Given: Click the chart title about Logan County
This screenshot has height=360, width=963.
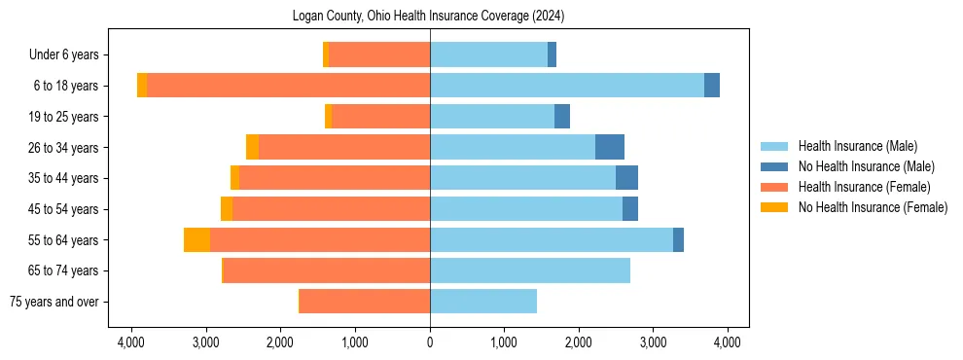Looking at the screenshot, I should pos(428,17).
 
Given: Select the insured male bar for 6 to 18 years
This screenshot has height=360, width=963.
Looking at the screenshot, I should pos(566,86).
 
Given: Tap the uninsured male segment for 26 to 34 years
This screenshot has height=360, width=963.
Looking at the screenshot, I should pos(609,147).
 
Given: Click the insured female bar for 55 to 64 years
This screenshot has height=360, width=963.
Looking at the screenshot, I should pos(319,239).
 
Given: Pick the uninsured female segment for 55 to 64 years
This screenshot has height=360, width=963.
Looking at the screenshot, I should pos(196,239).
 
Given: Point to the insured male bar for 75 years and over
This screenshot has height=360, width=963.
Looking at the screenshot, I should pos(482,302).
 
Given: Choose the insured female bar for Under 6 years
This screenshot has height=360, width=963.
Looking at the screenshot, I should pos(378,54).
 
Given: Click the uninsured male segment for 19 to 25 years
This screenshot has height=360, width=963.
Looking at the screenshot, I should pos(561,117).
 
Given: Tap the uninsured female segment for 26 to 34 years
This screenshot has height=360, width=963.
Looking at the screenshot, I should pos(252,147).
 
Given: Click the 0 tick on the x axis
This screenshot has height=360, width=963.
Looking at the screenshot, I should pos(430,342).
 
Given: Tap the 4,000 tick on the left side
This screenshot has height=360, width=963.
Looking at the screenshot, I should pos(131,342).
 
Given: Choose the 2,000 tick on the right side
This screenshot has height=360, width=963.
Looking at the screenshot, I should pos(579,342).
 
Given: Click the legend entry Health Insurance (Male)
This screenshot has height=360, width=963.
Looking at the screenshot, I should pos(857,146).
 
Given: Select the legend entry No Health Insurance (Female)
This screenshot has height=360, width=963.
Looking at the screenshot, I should pos(873,207).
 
